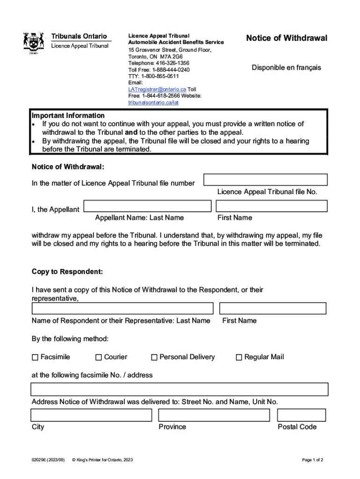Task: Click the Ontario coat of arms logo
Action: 34,43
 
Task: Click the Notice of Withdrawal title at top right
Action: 287,38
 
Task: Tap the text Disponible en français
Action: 286,68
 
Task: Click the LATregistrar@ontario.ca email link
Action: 157,89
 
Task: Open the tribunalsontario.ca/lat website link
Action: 153,102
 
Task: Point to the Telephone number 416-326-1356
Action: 158,63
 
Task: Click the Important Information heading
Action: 68,116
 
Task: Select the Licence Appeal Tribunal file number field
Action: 265,180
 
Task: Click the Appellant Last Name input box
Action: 147,206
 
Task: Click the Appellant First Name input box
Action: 271,206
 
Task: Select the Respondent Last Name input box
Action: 122,309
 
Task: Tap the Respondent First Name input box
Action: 273,309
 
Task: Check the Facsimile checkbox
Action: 35,357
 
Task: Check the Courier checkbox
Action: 99,357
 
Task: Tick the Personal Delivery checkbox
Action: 154,357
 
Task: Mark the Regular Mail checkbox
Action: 239,357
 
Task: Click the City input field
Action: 91,415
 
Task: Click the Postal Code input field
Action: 301,415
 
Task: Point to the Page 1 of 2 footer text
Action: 312,460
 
